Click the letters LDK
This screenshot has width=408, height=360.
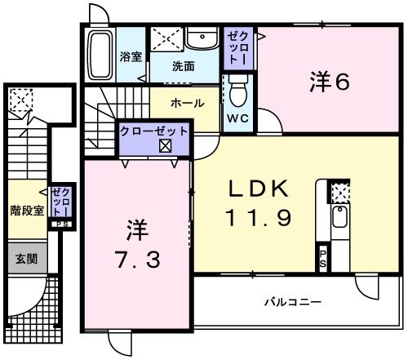point(258,189)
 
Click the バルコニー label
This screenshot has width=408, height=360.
point(292,303)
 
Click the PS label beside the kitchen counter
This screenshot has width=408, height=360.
point(322,260)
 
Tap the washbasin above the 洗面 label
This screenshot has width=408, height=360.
point(197,38)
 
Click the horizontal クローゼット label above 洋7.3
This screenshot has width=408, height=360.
point(154,131)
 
